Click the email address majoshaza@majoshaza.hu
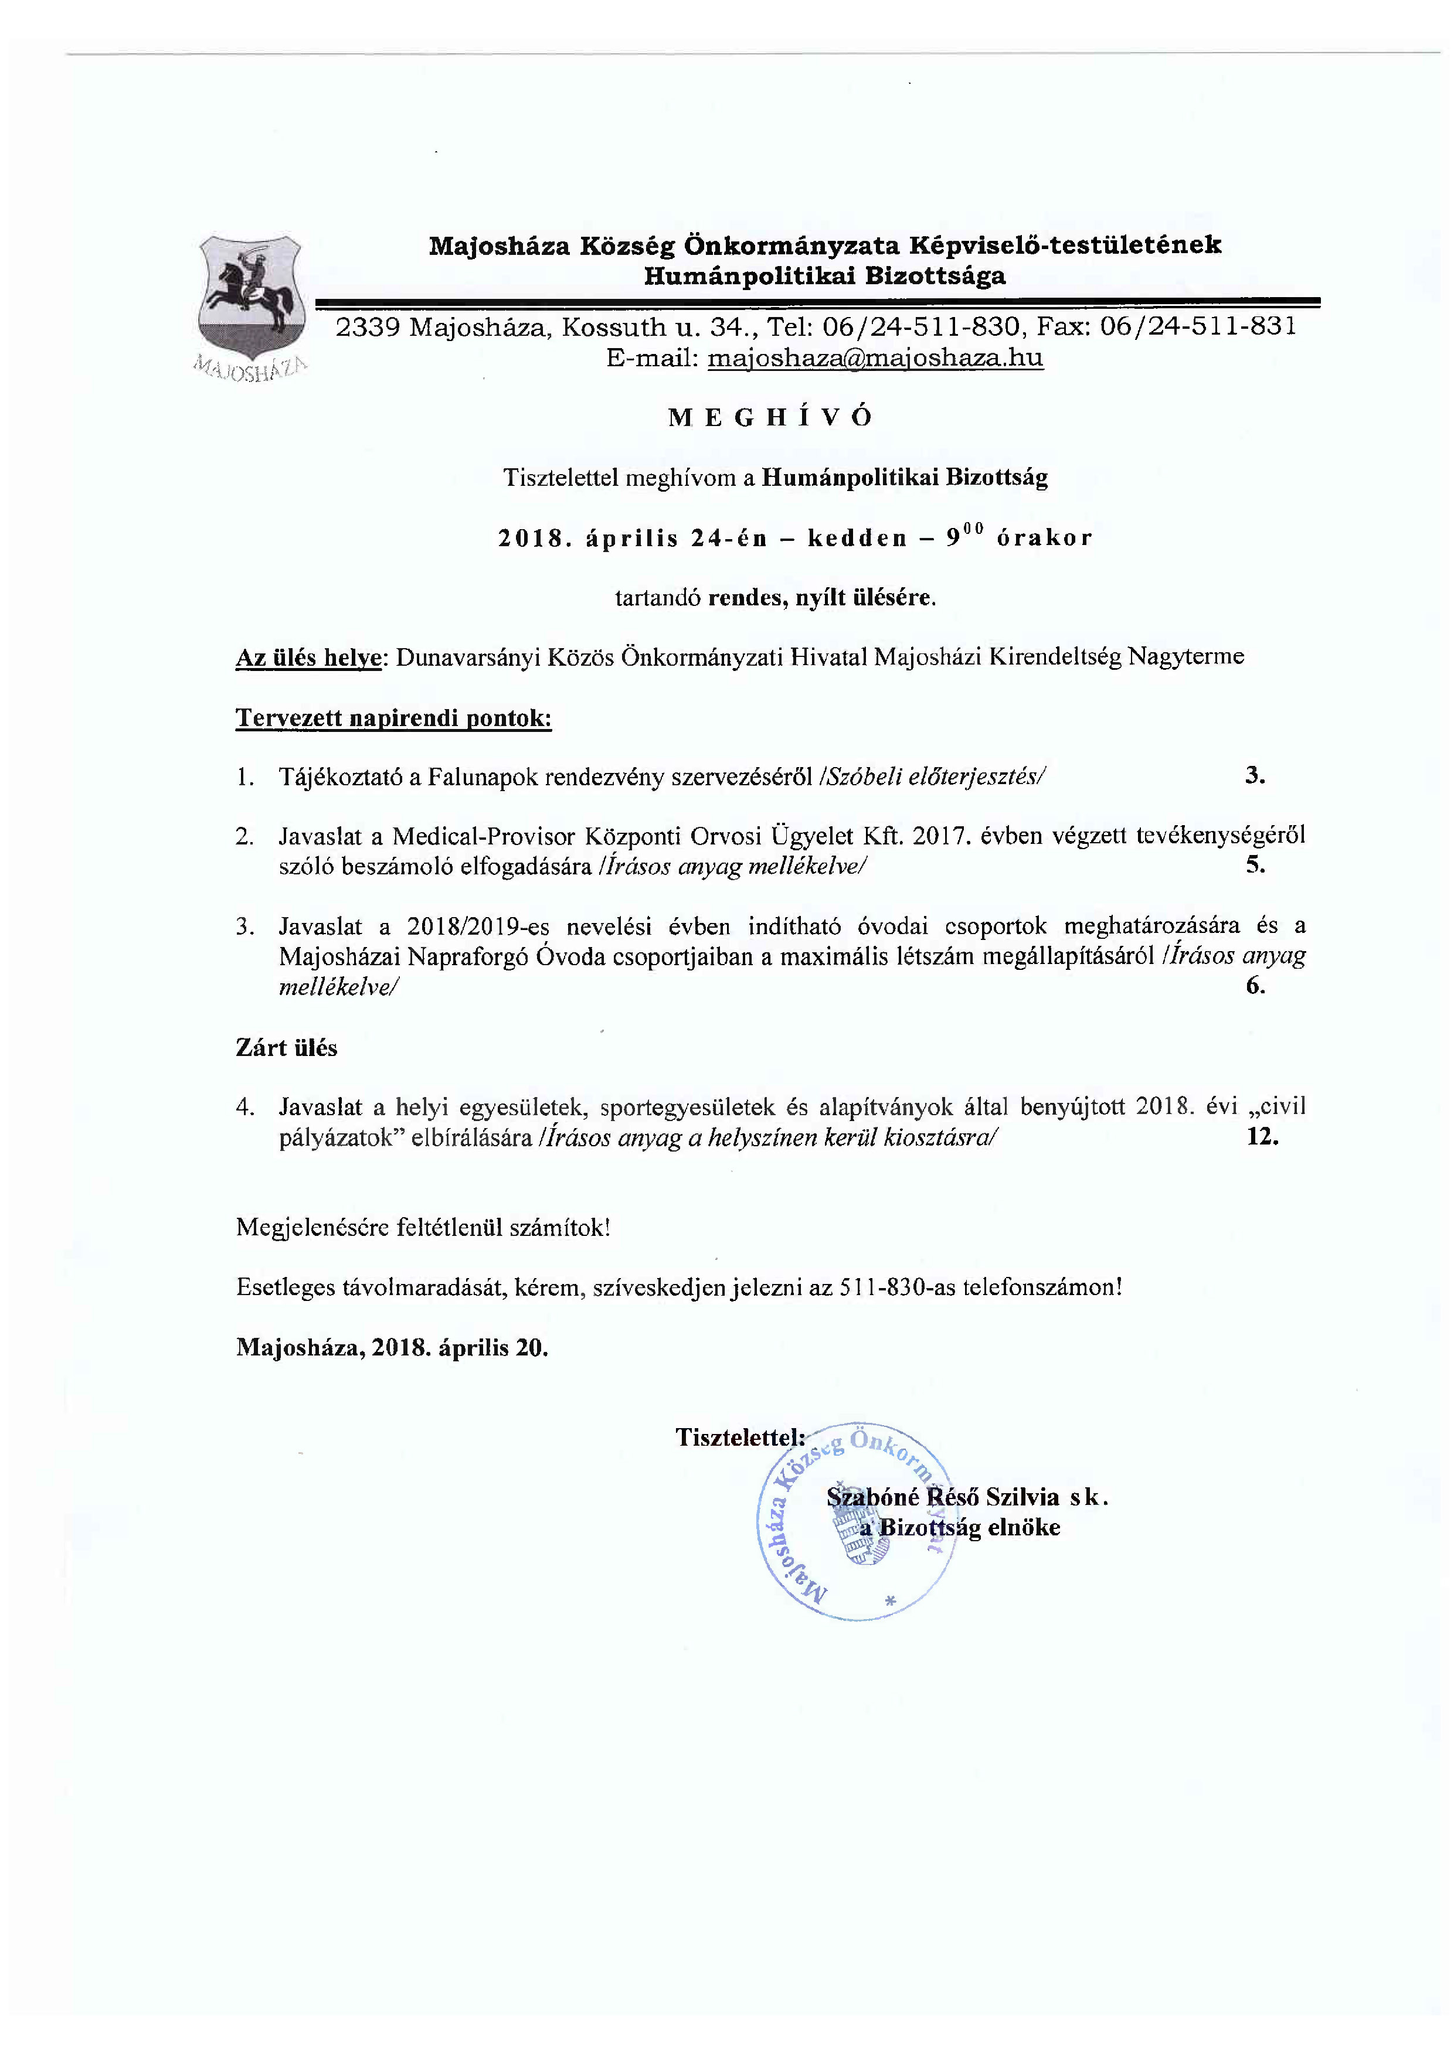pos(875,358)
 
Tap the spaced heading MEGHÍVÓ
pos(770,418)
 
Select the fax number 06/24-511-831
pos(1198,326)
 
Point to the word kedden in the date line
pos(844,538)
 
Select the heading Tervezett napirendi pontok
pos(393,718)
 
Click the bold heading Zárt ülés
pos(287,1048)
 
